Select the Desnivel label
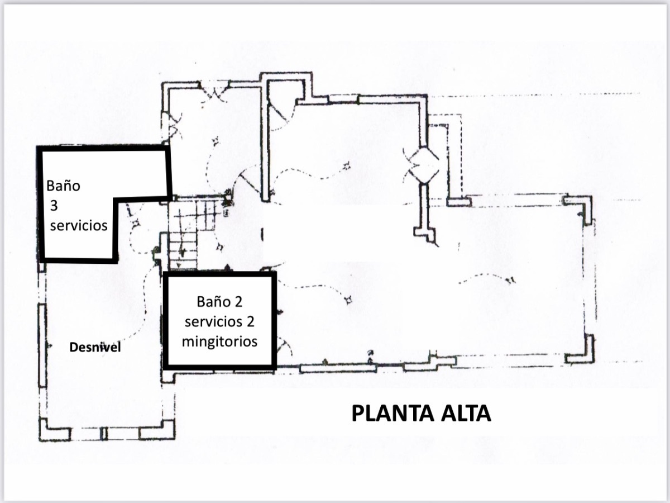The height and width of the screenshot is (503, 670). [95, 348]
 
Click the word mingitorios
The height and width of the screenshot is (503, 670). [220, 340]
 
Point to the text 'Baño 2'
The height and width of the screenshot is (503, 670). [219, 302]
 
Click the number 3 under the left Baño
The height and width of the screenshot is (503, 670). [54, 206]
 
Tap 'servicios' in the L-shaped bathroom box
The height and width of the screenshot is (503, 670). [79, 226]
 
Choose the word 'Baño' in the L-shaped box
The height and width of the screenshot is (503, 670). [63, 186]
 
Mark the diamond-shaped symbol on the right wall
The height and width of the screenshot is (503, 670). [424, 164]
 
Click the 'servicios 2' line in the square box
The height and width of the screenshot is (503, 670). [220, 321]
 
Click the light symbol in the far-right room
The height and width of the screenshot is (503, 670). [511, 280]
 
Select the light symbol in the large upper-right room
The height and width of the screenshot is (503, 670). [347, 165]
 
